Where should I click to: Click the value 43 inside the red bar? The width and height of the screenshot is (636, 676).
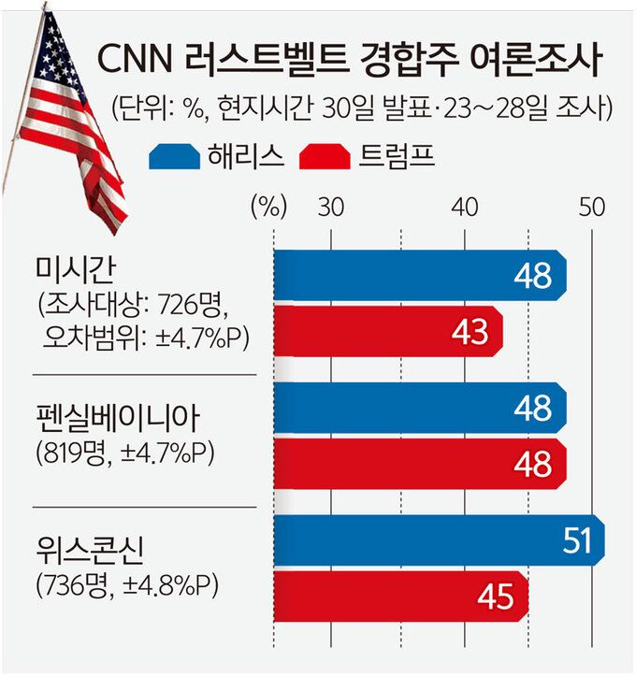pyautogui.click(x=470, y=331)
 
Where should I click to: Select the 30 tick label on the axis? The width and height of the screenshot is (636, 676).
pyautogui.click(x=329, y=208)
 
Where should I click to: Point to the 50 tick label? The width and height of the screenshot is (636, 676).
pyautogui.click(x=590, y=208)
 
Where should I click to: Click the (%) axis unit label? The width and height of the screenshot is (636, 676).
pyautogui.click(x=267, y=208)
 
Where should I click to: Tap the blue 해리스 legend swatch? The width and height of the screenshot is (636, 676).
pyautogui.click(x=177, y=157)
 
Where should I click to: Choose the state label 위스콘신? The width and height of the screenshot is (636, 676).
pyautogui.click(x=85, y=547)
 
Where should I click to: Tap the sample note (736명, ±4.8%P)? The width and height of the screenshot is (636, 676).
pyautogui.click(x=126, y=586)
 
